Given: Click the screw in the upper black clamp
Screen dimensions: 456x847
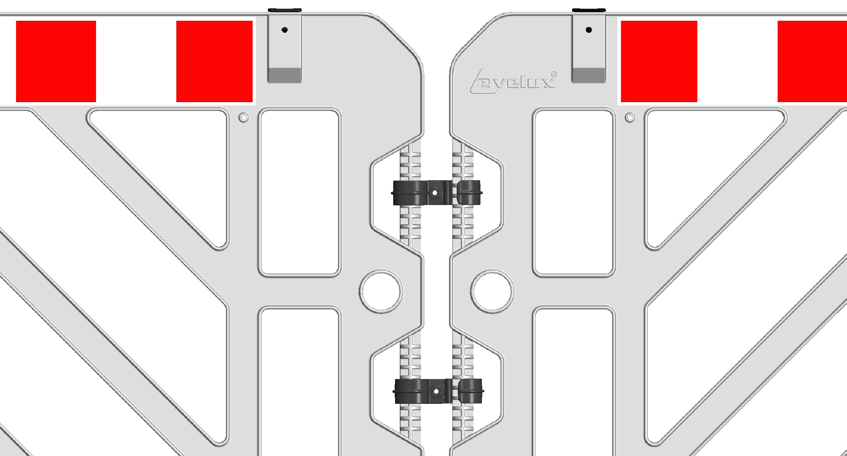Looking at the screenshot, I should (x=434, y=192).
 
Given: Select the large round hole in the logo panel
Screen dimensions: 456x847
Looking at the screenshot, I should (x=493, y=291).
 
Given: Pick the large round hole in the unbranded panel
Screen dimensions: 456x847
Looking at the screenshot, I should (x=381, y=291).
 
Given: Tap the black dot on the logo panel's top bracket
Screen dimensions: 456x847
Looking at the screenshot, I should (x=589, y=30).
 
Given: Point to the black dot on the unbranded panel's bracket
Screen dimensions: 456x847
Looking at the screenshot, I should (x=285, y=30).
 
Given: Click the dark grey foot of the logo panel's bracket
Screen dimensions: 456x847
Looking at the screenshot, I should (x=589, y=75).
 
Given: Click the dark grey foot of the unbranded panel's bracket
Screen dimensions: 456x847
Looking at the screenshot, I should (x=285, y=75).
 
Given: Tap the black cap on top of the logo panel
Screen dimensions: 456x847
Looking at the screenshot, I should (x=589, y=10).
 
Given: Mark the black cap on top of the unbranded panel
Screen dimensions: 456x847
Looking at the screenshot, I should (x=285, y=10).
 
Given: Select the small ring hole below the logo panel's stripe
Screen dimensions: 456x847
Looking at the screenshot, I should (x=630, y=117).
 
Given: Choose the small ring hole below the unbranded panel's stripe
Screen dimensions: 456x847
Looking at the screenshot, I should (x=244, y=117).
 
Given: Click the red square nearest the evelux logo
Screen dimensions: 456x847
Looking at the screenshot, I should (x=659, y=61).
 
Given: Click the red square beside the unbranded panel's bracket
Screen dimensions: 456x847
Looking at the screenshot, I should (x=214, y=61).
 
